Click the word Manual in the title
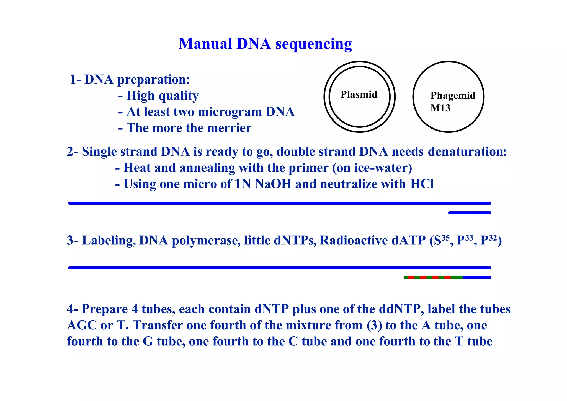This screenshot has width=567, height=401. click(205, 44)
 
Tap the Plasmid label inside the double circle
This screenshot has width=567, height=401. click(359, 95)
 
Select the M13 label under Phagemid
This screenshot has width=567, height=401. click(440, 108)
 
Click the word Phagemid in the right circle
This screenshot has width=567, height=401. click(453, 95)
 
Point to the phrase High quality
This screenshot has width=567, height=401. click(163, 96)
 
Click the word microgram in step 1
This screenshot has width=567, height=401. click(230, 112)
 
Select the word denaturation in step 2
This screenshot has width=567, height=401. click(467, 152)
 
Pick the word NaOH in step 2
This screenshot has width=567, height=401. click(273, 184)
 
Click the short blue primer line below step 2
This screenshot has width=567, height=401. click(470, 213)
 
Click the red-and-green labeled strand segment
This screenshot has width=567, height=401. click(433, 277)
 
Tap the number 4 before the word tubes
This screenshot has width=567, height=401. click(135, 309)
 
